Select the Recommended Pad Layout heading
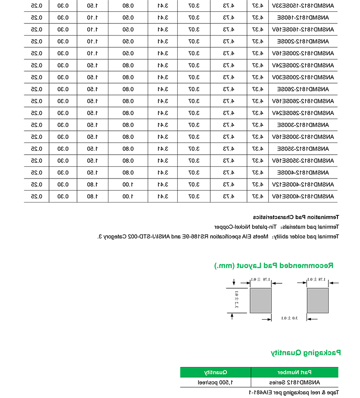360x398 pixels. (275, 266)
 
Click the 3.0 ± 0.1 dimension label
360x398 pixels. (287, 318)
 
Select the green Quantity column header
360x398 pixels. (216, 372)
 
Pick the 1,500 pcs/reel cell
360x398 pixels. (216, 383)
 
